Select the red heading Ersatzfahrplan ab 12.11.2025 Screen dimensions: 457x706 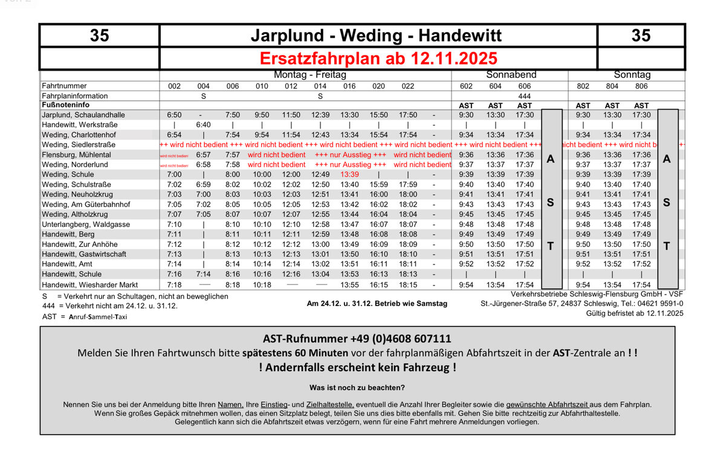coord(378,59)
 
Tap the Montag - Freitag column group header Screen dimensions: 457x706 coord(309,75)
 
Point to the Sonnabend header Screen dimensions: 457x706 coord(511,75)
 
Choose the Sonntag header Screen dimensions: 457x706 coord(632,75)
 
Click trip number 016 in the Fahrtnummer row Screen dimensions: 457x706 coord(349,86)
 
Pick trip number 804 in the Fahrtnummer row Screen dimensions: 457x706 coord(612,86)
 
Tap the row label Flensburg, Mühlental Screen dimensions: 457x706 coord(76,155)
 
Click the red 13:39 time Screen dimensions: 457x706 coord(349,174)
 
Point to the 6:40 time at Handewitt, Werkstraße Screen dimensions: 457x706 coord(204,125)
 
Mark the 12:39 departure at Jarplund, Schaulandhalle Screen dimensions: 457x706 coord(320,115)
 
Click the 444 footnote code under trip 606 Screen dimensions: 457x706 coord(525,96)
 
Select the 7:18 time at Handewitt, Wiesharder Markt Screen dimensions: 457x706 coord(174,285)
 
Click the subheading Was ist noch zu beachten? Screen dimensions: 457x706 coord(357,388)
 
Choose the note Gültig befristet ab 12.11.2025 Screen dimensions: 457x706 coord(634,313)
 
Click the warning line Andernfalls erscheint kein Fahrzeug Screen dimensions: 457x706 coord(357,368)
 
